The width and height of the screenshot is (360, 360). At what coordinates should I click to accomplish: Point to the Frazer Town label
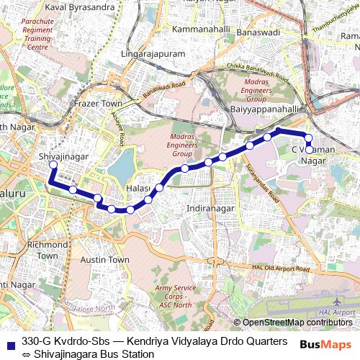99,104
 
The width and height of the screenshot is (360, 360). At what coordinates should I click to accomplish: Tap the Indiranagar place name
210,208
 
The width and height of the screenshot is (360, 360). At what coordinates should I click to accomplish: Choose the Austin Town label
105,259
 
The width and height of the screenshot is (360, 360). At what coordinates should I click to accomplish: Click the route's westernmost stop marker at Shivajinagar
53,165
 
